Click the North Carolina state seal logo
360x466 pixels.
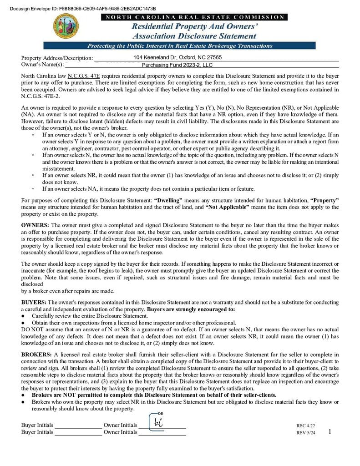pos(66,26)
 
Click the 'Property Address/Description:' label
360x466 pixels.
pos(57,58)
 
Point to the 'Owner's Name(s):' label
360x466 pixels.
pos(43,65)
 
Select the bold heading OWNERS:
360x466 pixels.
pos(35,225)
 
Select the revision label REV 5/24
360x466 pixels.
pos(305,433)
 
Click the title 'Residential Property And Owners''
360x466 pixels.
pos(195,27)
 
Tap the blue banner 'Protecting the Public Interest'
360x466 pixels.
pos(179,46)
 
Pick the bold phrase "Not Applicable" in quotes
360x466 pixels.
pos(228,207)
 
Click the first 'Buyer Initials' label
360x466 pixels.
pos(37,425)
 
